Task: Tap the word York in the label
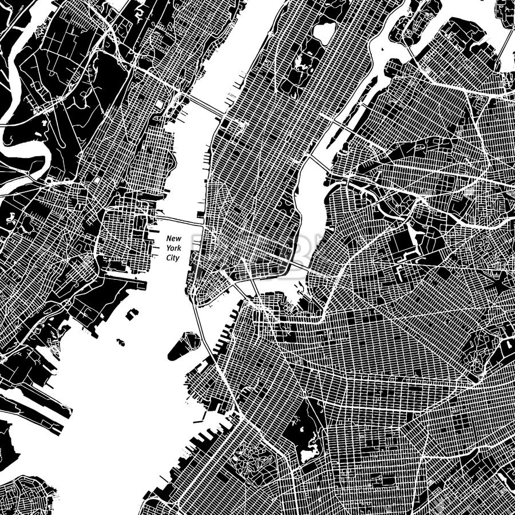(173, 248)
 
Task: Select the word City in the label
(173, 258)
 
